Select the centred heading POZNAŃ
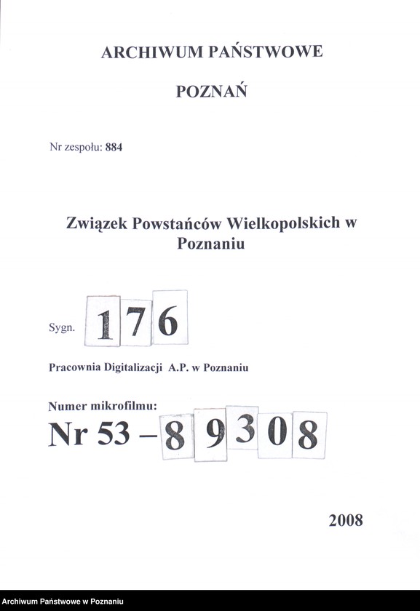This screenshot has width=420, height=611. pos(211,92)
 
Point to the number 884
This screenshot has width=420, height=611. pos(114,146)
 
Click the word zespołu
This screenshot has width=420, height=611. pos(82,147)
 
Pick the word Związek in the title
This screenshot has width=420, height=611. pos(97,223)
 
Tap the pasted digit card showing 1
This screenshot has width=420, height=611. pos(103,322)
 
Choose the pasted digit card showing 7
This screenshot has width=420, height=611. pos(135,322)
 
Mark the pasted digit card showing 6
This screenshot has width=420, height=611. pos(168,319)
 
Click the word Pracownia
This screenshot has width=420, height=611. pos(76,368)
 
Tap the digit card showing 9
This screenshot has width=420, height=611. pos(211,434)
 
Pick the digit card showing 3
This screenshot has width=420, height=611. pos(243,428)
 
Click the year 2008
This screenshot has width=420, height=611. pos(345,520)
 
